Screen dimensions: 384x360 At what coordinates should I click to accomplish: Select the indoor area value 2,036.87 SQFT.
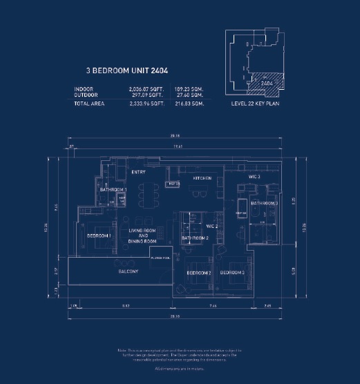click(x=144, y=88)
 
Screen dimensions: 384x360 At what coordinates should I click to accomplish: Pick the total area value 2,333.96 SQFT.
click(x=144, y=104)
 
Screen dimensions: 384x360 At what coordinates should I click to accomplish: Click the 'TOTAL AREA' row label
click(x=91, y=104)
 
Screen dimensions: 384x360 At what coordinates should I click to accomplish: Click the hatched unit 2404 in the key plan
click(x=263, y=81)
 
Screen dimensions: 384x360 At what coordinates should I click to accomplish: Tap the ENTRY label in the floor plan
click(x=138, y=171)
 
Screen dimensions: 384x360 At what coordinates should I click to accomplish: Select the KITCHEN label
click(x=202, y=177)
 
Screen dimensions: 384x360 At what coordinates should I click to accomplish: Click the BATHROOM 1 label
click(x=113, y=189)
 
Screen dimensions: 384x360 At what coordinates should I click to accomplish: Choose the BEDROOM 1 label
click(x=100, y=236)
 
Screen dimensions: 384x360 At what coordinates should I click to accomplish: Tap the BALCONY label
click(x=127, y=271)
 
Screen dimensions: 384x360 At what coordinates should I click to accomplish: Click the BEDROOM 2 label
click(x=199, y=273)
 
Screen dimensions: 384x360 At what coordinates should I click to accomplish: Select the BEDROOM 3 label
click(x=233, y=273)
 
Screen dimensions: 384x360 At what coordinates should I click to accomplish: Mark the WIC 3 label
click(x=254, y=177)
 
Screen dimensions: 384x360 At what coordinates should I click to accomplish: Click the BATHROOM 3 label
click(x=265, y=204)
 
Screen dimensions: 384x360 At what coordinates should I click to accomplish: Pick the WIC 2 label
click(x=212, y=226)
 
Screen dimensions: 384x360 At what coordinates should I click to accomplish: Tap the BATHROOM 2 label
click(x=196, y=238)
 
